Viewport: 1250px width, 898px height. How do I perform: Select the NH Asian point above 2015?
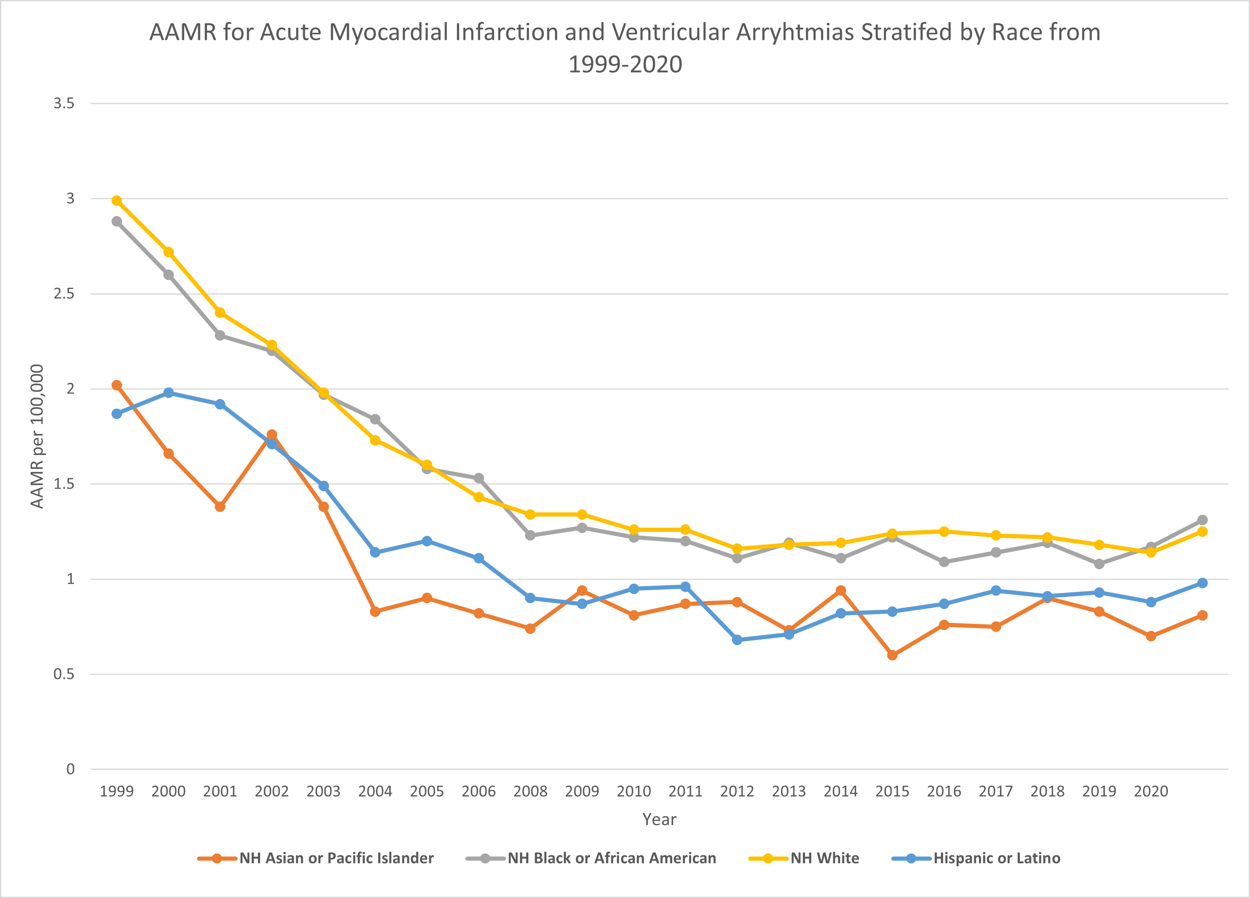[x=893, y=655]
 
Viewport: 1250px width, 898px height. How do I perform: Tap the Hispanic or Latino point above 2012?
[x=737, y=640]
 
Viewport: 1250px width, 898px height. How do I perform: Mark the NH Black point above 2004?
[x=375, y=419]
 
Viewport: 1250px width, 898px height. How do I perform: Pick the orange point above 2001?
[x=220, y=506]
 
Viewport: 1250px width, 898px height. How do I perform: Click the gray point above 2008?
[x=530, y=535]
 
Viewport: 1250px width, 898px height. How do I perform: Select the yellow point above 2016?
[x=944, y=531]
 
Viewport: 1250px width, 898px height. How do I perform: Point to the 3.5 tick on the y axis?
[x=64, y=103]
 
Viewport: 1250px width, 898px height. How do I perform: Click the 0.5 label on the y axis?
[x=64, y=674]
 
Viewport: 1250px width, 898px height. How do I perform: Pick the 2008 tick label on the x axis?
[x=530, y=791]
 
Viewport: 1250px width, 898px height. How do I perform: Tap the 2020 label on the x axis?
[x=1151, y=791]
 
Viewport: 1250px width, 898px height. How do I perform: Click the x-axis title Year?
[x=659, y=819]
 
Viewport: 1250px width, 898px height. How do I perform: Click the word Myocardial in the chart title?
[x=389, y=32]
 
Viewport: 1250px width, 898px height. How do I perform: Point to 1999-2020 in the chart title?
[x=625, y=64]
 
